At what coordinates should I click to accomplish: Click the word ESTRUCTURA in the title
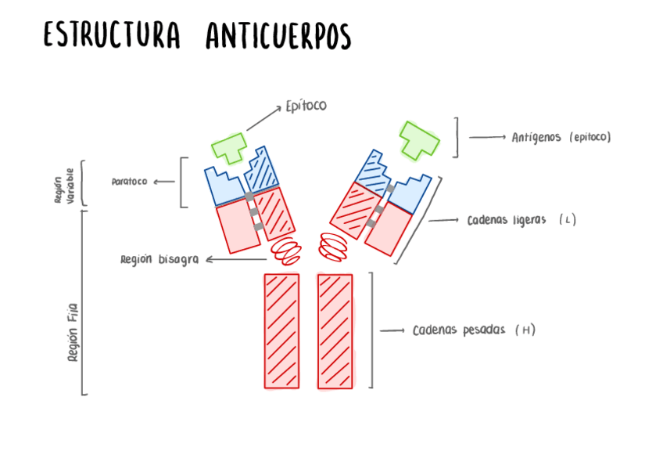pyautogui.click(x=112, y=36)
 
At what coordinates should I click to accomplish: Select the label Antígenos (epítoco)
pyautogui.click(x=561, y=137)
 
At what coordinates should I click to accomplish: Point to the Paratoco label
pyautogui.click(x=129, y=182)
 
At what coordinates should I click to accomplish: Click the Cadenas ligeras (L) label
pyautogui.click(x=521, y=220)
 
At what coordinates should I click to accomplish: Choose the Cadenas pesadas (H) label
pyautogui.click(x=474, y=330)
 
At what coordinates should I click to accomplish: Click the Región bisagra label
pyautogui.click(x=159, y=259)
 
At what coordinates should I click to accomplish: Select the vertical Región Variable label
pyautogui.click(x=63, y=186)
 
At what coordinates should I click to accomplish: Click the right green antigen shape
pyautogui.click(x=418, y=139)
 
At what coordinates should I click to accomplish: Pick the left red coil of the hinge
pyautogui.click(x=286, y=250)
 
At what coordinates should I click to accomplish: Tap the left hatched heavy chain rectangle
pyautogui.click(x=281, y=330)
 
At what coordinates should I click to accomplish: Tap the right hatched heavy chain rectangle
pyautogui.click(x=335, y=330)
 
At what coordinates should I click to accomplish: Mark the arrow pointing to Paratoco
pyautogui.click(x=163, y=182)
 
